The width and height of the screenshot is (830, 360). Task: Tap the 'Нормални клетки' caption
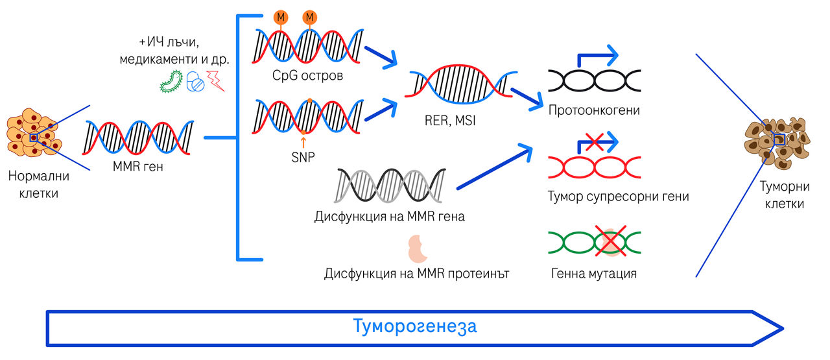tap(38, 184)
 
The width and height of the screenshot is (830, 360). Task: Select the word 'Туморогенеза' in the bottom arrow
tap(415, 326)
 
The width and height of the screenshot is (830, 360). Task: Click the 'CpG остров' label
tap(307, 76)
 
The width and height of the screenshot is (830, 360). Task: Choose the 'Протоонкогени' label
tap(594, 110)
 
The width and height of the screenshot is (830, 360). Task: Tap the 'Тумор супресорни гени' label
tap(618, 196)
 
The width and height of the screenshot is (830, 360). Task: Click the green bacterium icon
tap(171, 81)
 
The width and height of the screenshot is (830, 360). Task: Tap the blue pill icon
tap(195, 82)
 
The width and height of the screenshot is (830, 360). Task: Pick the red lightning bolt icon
tap(216, 82)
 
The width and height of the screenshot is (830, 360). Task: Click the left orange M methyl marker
tap(281, 18)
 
